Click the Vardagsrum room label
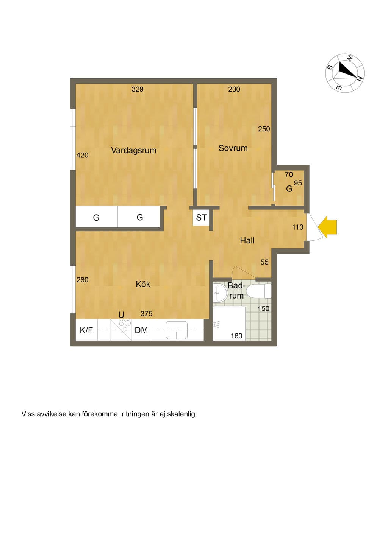point(134,150)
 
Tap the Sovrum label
point(233,148)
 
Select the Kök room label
point(143,284)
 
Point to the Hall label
point(247,240)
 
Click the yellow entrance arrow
point(327,227)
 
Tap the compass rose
point(345,73)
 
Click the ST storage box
point(201,217)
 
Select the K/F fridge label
point(86,330)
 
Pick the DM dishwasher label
point(141,330)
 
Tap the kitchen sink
point(177,330)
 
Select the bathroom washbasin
point(220,293)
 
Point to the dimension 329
point(138,89)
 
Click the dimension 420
point(82,155)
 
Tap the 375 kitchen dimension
point(147,313)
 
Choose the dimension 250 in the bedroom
point(264,129)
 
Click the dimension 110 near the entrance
point(298,227)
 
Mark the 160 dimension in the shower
point(236,336)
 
